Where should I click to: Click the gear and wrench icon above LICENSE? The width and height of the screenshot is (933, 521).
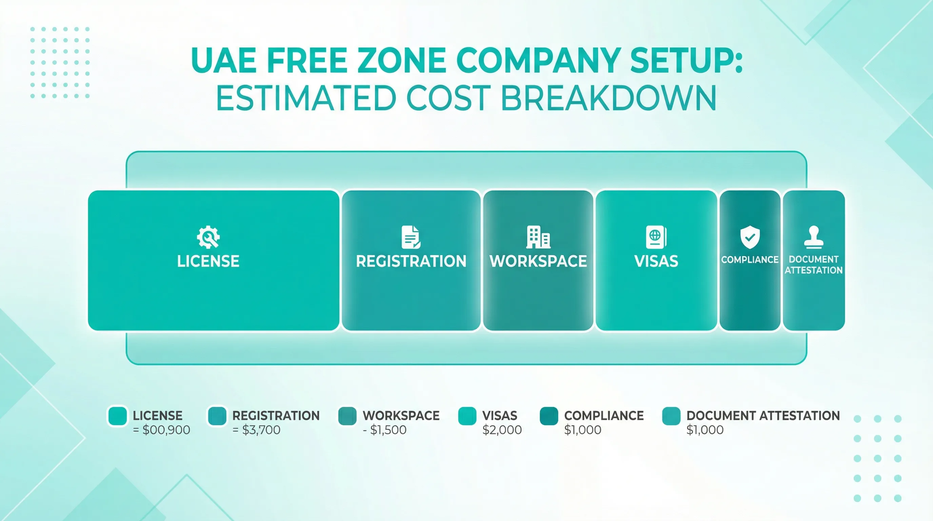click(x=208, y=237)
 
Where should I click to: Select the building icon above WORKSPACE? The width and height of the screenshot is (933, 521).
click(x=538, y=237)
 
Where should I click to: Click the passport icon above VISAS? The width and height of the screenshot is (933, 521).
click(x=656, y=237)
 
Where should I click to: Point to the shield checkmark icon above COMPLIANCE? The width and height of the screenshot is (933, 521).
click(x=750, y=237)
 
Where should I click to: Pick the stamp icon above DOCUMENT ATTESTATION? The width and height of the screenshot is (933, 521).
click(x=813, y=237)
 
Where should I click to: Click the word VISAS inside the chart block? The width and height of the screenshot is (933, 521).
click(x=656, y=261)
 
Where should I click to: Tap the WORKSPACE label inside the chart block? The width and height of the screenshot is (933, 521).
click(x=538, y=261)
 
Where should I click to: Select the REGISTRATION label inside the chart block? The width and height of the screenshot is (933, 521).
click(x=411, y=261)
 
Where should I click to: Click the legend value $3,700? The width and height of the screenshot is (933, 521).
click(x=261, y=430)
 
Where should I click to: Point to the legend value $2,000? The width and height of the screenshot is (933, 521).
click(x=502, y=430)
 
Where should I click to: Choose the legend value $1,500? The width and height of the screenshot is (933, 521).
click(x=388, y=430)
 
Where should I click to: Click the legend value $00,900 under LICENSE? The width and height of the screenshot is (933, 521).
click(x=166, y=430)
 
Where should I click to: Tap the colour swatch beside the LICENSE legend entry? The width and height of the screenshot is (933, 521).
click(x=117, y=416)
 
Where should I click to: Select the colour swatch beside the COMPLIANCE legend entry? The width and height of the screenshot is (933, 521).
click(x=549, y=416)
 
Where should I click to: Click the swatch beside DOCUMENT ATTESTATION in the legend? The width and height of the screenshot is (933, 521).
click(x=671, y=416)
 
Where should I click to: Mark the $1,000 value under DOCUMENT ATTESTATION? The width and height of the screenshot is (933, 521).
click(x=705, y=430)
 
